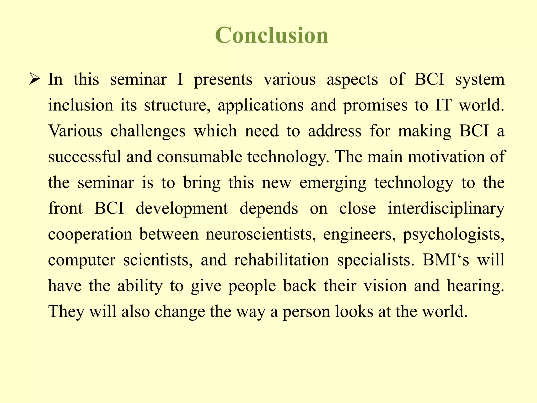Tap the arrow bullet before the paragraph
coord(34,79)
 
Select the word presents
coord(223,79)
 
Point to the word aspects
coord(352,79)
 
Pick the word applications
coord(260,105)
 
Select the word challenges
coord(148,131)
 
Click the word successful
coord(85,157)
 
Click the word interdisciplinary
coord(446,209)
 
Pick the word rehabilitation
coord(281,260)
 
